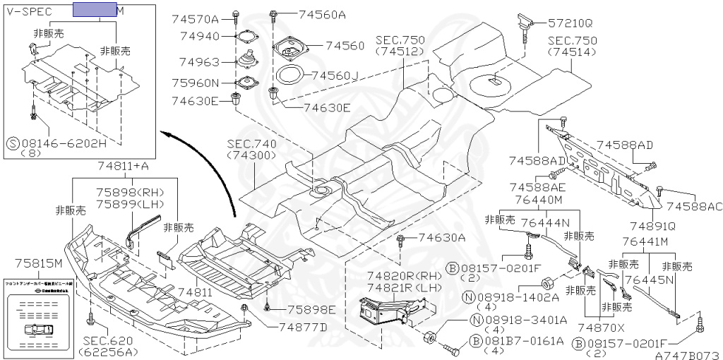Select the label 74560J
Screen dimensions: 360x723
tap(335, 76)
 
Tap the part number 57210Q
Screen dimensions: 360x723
tap(569, 23)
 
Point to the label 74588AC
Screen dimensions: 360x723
tap(695, 206)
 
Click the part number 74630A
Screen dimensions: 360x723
tap(440, 238)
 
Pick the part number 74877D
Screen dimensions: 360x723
tap(303, 326)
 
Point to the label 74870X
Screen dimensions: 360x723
tap(601, 327)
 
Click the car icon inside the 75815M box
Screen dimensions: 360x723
tap(34, 330)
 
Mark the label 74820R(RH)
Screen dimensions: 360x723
tap(395, 275)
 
